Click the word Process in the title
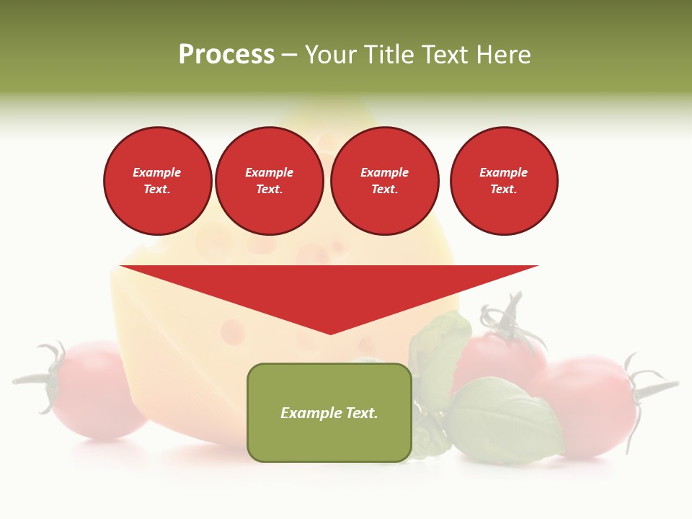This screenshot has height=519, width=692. (x=226, y=55)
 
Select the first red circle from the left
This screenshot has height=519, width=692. (x=158, y=181)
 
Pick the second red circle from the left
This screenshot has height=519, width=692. (x=270, y=181)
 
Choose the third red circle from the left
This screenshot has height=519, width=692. (x=385, y=181)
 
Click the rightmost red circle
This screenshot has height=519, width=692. (x=504, y=181)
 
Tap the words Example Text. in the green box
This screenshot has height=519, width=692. (x=329, y=413)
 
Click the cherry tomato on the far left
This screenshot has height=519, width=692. (x=97, y=393)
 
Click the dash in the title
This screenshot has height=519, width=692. (x=290, y=55)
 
